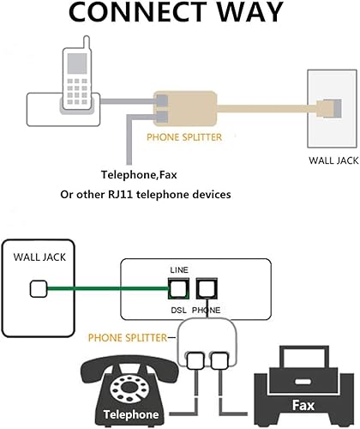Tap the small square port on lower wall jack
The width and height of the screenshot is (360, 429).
pos(37,289)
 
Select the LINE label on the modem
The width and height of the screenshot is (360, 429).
pos(180,268)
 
